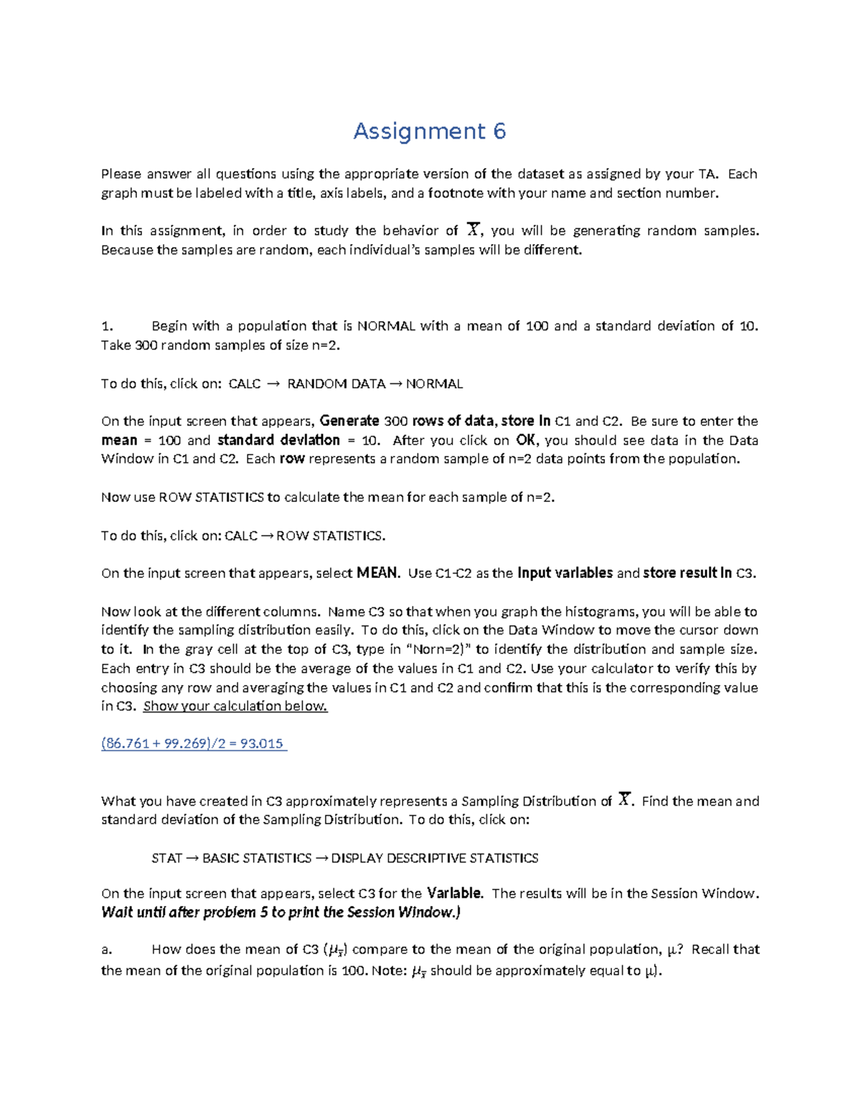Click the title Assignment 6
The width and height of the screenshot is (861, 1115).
[x=429, y=131]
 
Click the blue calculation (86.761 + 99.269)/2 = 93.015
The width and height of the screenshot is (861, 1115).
[x=194, y=744]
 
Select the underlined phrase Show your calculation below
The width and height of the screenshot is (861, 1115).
[x=235, y=706]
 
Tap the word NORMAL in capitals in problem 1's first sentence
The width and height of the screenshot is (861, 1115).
[x=386, y=326]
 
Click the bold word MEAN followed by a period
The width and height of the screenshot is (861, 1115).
[x=377, y=573]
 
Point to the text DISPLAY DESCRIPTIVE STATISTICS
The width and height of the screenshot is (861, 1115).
[x=435, y=858]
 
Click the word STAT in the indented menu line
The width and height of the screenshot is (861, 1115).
[x=167, y=858]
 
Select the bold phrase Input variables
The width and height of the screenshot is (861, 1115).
[x=565, y=573]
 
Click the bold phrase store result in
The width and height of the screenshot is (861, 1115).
[x=687, y=573]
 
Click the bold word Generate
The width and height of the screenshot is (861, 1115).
[x=349, y=421]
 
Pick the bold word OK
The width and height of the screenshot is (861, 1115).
[x=526, y=440]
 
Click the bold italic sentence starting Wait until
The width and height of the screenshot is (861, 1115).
[x=281, y=913]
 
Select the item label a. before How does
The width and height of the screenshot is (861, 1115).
[x=107, y=949]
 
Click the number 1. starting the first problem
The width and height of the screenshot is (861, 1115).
[x=108, y=326]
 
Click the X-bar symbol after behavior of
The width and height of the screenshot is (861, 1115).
[x=472, y=230]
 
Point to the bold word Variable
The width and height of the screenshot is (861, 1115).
[x=455, y=894]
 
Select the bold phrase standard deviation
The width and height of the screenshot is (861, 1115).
[x=278, y=440]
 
